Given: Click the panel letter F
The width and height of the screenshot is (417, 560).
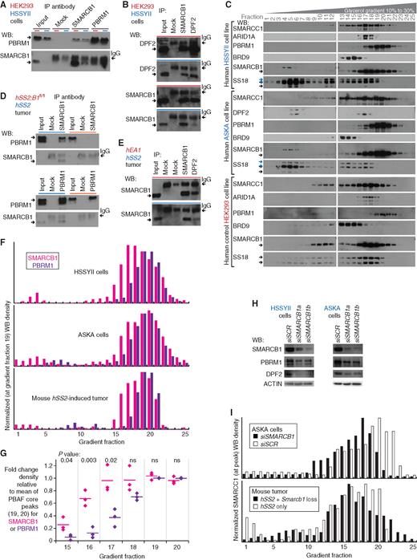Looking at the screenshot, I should (5, 240).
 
